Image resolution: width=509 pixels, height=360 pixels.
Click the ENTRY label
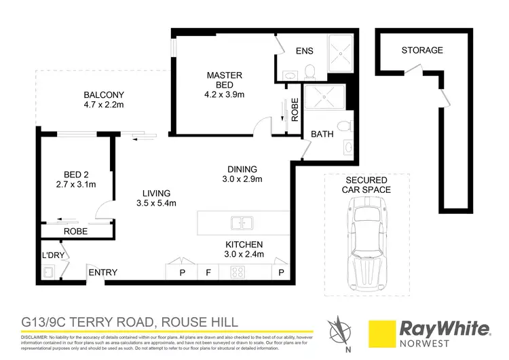(x=102, y=273)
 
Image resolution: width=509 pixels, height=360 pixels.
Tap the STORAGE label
(x=421, y=50)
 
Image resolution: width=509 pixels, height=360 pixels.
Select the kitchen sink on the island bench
(x=241, y=222)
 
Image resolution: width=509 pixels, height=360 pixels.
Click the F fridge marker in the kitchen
(x=209, y=273)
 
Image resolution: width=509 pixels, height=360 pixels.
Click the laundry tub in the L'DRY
(x=49, y=273)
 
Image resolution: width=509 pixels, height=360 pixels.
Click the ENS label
(x=304, y=51)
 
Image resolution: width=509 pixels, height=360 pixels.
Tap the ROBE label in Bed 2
(x=75, y=231)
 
